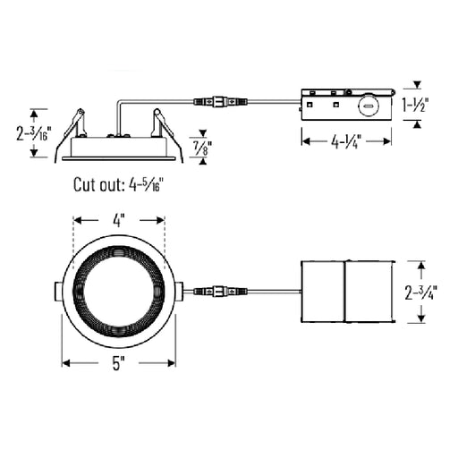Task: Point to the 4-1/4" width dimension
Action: click(x=346, y=140)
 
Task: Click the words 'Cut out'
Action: click(x=98, y=186)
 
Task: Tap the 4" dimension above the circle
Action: click(x=119, y=217)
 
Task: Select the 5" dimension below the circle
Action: click(x=118, y=363)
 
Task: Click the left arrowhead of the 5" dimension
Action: click(x=64, y=363)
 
